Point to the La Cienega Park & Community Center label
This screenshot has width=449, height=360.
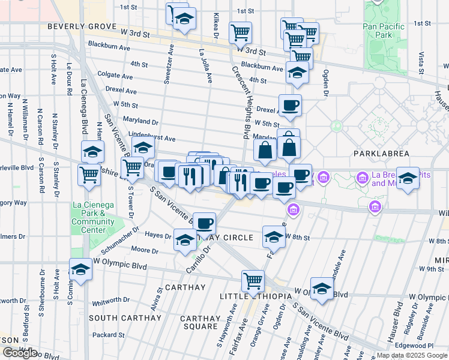[x=93, y=217]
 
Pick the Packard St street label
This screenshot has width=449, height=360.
[x=108, y=335]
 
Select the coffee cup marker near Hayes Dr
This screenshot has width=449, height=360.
[x=204, y=223]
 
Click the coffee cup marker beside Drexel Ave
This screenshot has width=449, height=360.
[x=290, y=104]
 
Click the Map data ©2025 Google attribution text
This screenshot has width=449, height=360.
[x=411, y=355]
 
